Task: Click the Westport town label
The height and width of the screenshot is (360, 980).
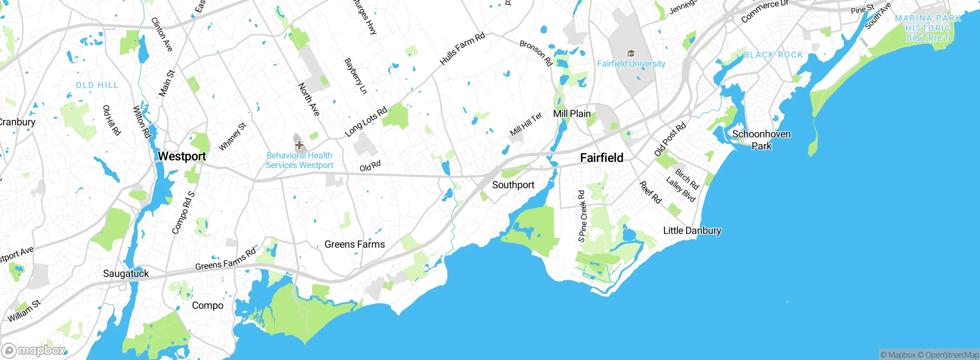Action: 182,156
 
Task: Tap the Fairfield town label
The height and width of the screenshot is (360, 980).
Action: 601,158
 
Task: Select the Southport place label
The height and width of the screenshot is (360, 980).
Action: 513,185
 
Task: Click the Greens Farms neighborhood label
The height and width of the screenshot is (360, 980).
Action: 354,244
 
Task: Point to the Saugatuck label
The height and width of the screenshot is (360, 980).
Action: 126,273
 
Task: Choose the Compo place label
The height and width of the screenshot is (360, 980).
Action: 207,306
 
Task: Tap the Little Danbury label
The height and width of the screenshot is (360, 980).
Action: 692,231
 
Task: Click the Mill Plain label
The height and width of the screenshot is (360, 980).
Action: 572,114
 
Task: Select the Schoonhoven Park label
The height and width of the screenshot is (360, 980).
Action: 761,140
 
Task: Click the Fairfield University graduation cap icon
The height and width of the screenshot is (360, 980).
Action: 630,53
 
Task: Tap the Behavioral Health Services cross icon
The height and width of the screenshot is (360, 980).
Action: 299,145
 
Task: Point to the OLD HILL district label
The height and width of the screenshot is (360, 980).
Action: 97,85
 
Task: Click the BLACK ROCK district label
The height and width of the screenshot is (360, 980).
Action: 773,55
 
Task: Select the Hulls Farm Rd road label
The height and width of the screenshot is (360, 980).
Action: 462,49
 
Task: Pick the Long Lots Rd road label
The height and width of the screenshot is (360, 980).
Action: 366,122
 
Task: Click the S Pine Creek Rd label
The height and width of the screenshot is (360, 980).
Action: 582,216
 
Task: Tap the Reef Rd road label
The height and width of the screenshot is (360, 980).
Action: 650,192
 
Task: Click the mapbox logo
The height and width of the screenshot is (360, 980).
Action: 34,350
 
